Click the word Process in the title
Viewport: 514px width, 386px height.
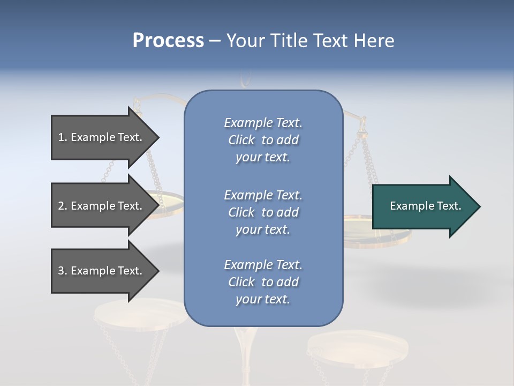168,41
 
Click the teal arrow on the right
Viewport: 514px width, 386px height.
423,206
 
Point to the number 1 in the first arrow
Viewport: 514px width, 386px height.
61,137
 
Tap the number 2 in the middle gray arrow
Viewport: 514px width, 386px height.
61,206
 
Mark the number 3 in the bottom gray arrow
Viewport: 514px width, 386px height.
61,271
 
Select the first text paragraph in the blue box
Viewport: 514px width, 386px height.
263,140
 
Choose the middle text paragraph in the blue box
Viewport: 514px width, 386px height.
263,212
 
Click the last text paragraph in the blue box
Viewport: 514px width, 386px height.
263,282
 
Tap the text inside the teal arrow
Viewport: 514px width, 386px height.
425,206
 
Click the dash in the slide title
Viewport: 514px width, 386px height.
215,41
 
